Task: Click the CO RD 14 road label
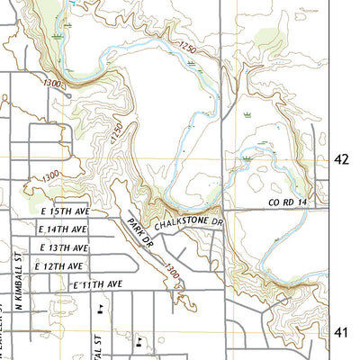pos(288,202)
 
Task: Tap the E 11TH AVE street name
pos(96,284)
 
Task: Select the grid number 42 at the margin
pos(341,159)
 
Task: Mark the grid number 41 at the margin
pos(341,332)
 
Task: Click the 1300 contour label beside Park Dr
pos(171,269)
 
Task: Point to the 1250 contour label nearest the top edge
pos(186,46)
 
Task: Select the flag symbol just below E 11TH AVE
pos(100,308)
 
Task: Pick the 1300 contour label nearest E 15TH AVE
pos(50,175)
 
